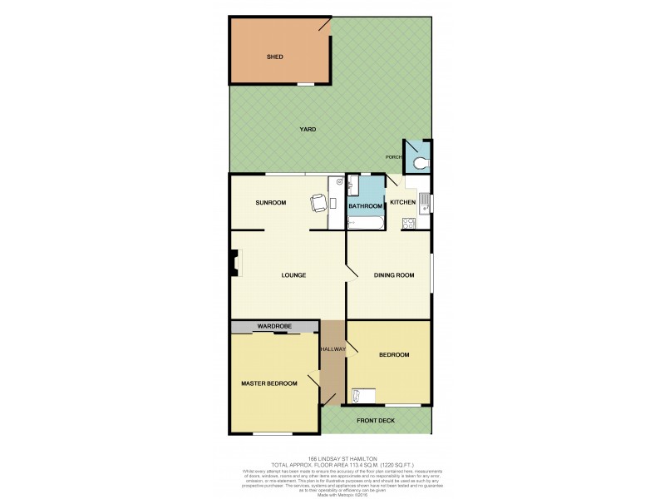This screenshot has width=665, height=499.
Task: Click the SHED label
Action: [x=274, y=57]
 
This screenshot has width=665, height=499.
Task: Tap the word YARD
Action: [x=308, y=130]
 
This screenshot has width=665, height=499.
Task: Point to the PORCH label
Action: [x=394, y=157]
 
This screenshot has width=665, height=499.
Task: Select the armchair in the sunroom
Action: [x=318, y=202]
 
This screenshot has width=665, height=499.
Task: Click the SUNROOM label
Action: [x=270, y=202]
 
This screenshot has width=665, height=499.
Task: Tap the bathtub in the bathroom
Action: [x=365, y=222]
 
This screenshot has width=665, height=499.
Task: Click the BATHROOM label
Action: [x=365, y=205]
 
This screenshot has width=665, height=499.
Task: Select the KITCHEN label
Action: [x=402, y=203]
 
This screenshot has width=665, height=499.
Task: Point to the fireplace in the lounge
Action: [x=236, y=265]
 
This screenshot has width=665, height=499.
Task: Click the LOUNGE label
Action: [x=293, y=275]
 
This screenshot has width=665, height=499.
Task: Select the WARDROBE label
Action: [x=273, y=326]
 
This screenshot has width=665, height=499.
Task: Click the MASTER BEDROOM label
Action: [x=269, y=383]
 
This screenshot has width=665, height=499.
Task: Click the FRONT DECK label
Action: [x=376, y=421]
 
